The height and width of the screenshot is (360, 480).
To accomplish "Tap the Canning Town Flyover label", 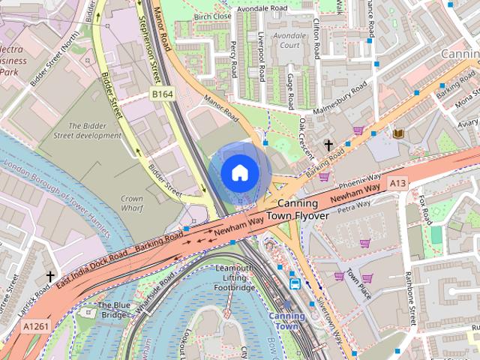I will click(303, 210).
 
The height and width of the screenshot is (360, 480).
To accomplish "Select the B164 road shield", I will click(162, 94).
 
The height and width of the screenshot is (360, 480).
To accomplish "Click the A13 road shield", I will click(399, 183).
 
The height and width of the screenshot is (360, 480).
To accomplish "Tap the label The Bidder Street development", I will click(87, 130).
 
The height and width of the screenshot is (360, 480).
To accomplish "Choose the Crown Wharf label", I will click(131, 205).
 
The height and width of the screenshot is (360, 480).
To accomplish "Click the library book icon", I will click(398, 133).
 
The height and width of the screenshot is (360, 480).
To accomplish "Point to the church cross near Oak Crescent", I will click(328, 144).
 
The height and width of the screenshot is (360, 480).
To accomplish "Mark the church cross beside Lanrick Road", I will click(50, 277).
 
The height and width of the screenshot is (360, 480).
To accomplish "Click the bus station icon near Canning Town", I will click(295, 283).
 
